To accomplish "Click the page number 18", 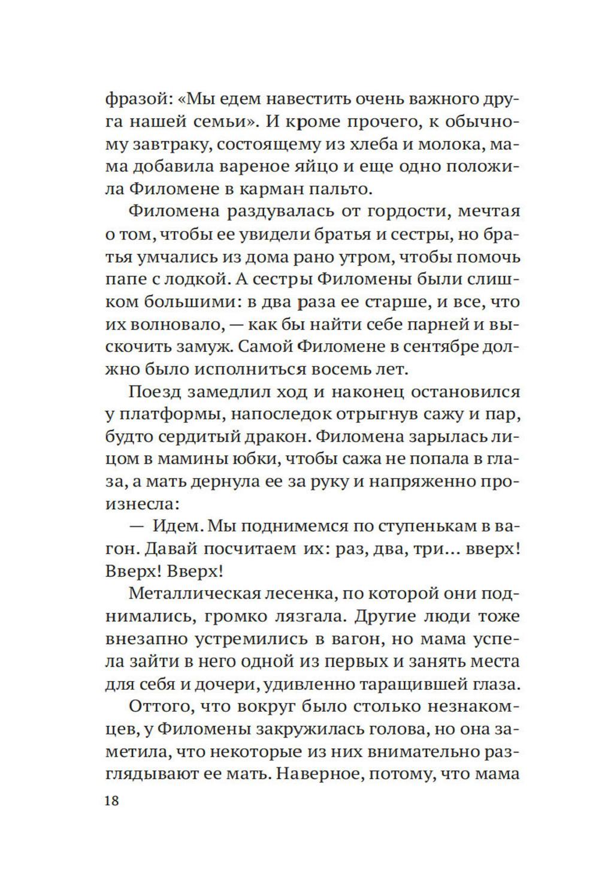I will [112, 801].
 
